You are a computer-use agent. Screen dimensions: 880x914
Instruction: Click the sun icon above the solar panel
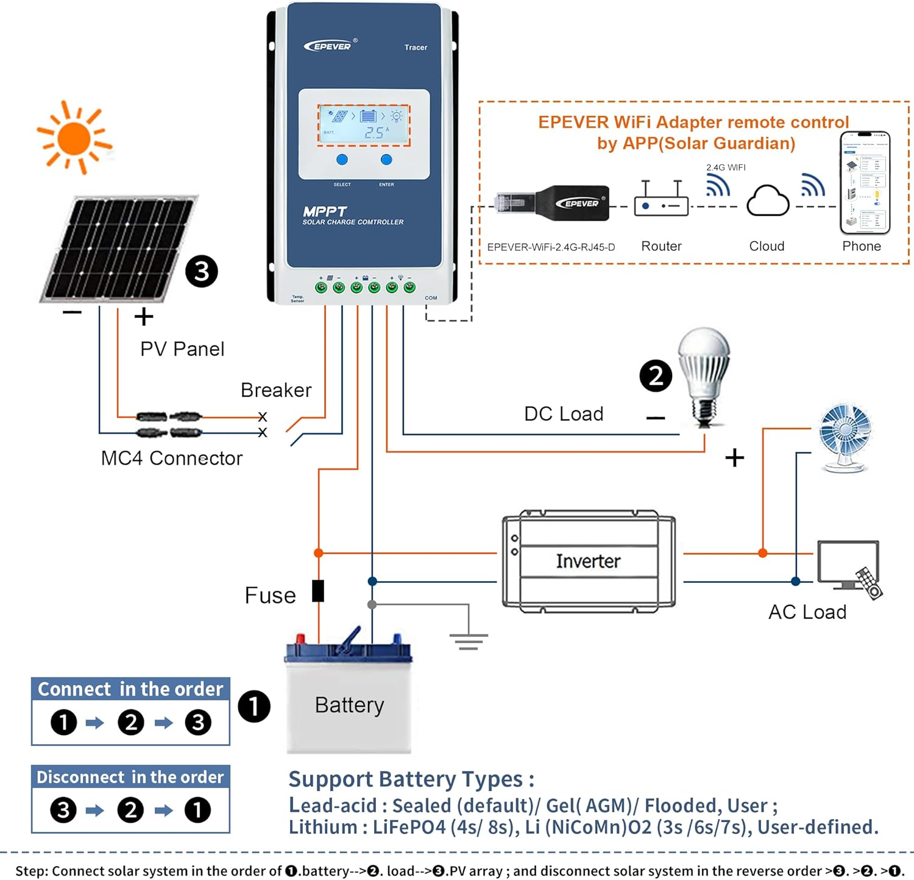[74, 138]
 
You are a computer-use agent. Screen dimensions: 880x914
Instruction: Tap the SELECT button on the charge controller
[342, 160]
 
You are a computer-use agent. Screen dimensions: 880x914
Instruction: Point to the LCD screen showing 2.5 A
[364, 125]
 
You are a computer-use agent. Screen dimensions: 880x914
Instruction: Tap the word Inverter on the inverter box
[588, 561]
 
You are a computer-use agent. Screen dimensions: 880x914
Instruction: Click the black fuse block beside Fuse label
[318, 591]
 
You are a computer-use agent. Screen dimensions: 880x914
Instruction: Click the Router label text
[661, 246]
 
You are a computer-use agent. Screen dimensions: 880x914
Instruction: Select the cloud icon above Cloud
[768, 200]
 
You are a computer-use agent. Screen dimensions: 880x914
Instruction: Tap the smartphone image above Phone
[865, 183]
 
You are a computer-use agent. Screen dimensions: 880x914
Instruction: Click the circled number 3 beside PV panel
[202, 271]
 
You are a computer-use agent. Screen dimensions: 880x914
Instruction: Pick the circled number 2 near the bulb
[656, 376]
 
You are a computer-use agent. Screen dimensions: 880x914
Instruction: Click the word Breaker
[276, 390]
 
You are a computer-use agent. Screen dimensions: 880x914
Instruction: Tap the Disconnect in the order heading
[130, 777]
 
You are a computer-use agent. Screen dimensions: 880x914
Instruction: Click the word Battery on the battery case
[349, 705]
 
